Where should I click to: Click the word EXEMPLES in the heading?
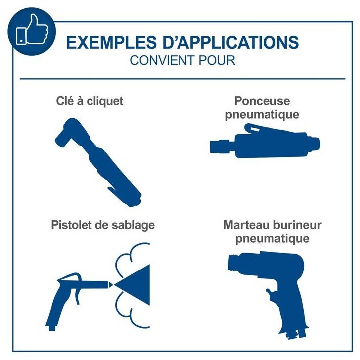111,42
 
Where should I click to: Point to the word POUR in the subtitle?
217,60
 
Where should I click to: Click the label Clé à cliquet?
90,101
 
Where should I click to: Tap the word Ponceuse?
262,101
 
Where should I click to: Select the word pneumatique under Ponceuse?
262,115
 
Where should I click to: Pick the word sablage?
133,225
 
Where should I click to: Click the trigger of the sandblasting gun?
78,291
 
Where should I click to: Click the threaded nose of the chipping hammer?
235,263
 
